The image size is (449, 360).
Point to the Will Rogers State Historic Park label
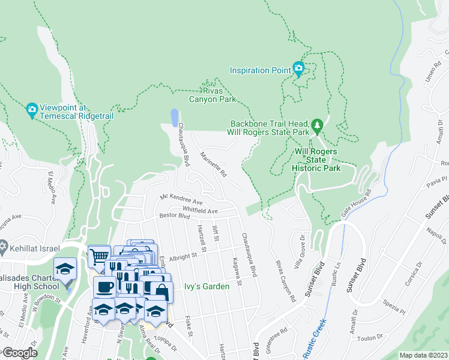coord(318,160)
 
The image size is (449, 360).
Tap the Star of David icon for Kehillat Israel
coord(5,247)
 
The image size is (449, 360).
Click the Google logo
coord(19,353)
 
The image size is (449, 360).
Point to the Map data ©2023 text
coord(423,355)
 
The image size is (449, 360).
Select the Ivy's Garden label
coord(206,287)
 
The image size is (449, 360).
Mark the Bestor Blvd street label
coord(174,215)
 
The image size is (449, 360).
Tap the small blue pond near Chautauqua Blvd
coord(174,117)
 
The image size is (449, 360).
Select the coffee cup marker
coord(104,286)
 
